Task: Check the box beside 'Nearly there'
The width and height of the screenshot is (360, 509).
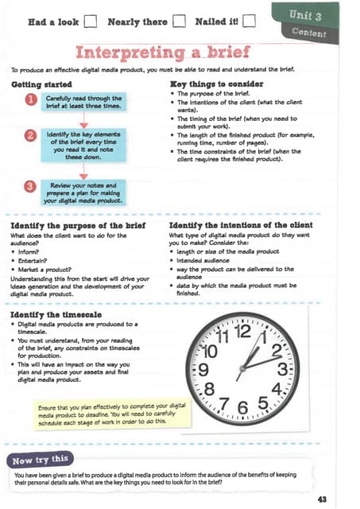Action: pyautogui.click(x=179, y=21)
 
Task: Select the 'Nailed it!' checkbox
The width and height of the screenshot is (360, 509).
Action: pyautogui.click(x=249, y=21)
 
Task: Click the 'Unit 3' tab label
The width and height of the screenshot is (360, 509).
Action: pyautogui.click(x=306, y=14)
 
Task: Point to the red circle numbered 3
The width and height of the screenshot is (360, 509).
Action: pyautogui.click(x=31, y=186)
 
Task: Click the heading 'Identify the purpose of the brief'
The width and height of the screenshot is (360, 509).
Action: pyautogui.click(x=77, y=226)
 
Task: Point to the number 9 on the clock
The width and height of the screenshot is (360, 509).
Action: pyautogui.click(x=203, y=368)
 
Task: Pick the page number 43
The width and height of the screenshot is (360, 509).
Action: pyautogui.click(x=321, y=499)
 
